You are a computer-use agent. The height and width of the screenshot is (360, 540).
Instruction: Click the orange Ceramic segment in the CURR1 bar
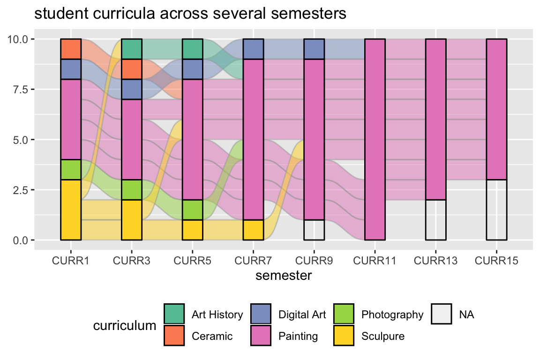71,49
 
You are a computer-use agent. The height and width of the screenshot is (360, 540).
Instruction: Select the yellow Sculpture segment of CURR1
71,210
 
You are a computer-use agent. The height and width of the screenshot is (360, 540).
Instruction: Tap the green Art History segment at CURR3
132,49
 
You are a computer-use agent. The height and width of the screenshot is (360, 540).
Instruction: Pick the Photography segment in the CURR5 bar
193,210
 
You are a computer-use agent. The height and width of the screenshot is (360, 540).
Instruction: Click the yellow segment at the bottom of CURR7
253,230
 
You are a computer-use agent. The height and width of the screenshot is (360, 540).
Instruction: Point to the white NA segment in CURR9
314,230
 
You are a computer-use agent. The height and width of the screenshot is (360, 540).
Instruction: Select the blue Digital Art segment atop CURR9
314,49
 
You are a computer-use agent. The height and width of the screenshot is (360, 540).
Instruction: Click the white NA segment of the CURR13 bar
435,220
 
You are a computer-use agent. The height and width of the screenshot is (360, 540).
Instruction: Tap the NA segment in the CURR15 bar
496,210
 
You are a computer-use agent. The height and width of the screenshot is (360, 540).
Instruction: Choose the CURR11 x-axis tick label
375,261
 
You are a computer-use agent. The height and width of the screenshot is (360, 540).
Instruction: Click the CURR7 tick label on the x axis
253,261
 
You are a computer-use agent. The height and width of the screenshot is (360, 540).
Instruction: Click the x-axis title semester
284,276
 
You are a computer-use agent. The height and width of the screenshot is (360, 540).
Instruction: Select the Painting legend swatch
261,336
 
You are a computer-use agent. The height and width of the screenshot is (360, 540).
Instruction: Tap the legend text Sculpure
382,336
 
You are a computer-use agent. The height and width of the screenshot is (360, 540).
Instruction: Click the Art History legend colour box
174,314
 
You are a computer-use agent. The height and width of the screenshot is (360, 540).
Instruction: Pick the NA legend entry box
442,314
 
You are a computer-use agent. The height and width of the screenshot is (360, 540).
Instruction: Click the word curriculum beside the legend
124,325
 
